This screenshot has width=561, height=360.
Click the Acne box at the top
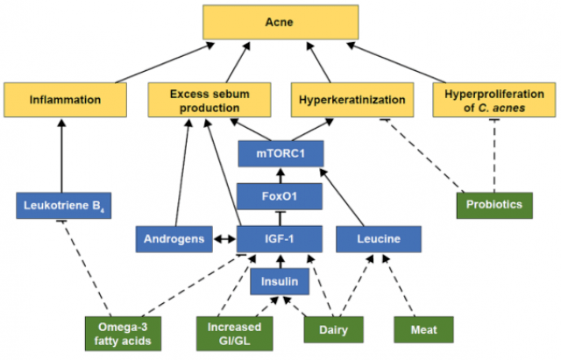280,22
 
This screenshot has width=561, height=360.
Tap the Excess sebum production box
204,100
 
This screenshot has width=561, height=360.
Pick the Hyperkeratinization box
351,100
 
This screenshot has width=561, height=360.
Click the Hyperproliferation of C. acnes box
486,100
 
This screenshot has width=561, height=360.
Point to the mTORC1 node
280,154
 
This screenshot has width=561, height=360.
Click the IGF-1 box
280,238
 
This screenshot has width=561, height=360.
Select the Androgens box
174,238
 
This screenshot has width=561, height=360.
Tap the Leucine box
378,238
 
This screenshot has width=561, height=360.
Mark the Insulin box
280,281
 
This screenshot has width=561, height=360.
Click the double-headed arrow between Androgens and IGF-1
225,238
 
